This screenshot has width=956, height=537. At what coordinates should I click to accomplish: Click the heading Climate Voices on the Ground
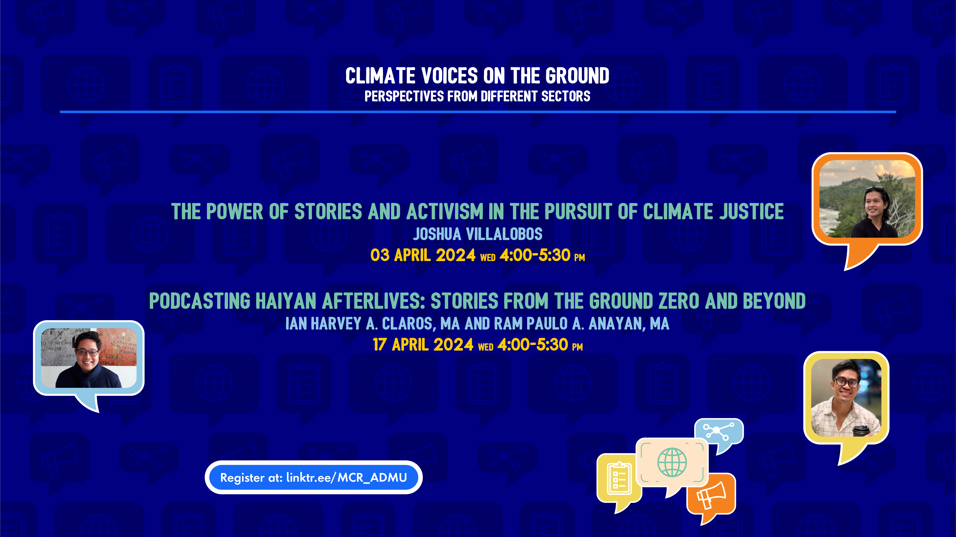click(x=477, y=76)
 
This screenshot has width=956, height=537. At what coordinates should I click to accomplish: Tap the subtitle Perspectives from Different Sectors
click(x=477, y=96)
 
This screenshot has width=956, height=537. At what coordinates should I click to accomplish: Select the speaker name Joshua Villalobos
click(x=478, y=234)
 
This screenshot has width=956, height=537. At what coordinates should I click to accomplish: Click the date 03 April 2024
click(x=423, y=255)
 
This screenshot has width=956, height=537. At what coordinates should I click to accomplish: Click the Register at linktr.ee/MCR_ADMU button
click(x=313, y=477)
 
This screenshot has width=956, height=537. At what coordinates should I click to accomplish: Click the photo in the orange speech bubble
click(x=867, y=199)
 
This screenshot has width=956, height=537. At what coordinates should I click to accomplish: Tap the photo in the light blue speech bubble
click(x=89, y=358)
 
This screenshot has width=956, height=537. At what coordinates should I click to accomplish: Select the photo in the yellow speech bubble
click(x=846, y=398)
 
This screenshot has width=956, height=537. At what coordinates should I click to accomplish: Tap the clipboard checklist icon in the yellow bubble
click(x=619, y=478)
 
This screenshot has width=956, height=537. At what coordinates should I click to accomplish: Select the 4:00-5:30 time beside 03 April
click(x=535, y=255)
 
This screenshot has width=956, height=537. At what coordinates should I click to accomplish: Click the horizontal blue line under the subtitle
click(x=478, y=111)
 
